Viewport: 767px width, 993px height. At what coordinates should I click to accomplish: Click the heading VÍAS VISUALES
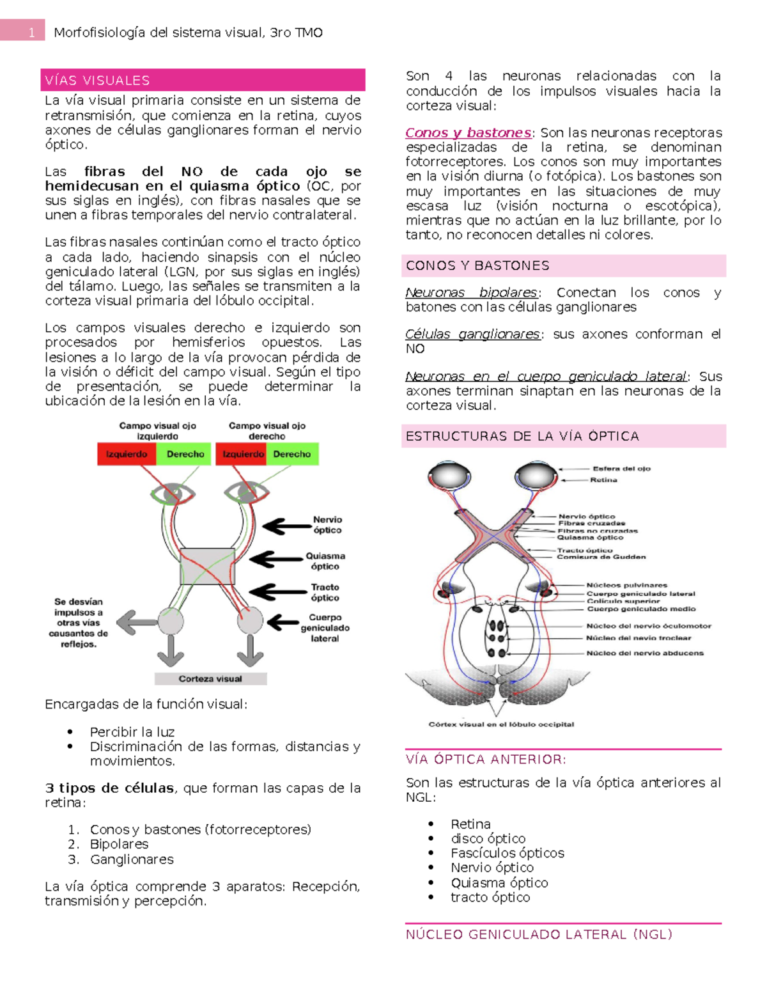click(x=97, y=81)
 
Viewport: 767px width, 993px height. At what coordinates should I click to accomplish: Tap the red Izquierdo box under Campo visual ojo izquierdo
click(x=127, y=454)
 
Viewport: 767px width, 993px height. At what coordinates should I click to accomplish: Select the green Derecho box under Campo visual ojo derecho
click(x=291, y=454)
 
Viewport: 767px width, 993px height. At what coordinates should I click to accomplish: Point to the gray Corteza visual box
click(x=210, y=678)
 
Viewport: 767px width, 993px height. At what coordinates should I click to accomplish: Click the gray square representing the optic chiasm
click(x=207, y=566)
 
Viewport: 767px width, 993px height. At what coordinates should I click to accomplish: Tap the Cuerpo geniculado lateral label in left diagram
click(x=325, y=628)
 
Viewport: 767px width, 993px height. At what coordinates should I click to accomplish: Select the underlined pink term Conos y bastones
click(x=468, y=133)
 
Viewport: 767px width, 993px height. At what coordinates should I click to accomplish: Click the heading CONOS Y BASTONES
click(x=477, y=265)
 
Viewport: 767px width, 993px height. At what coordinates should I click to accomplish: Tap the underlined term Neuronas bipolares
click(x=471, y=293)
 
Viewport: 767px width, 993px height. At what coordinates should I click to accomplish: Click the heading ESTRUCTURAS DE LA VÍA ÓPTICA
click(x=522, y=436)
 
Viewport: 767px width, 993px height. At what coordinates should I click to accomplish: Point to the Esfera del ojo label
click(x=621, y=469)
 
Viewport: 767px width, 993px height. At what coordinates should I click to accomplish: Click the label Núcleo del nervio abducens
click(x=644, y=653)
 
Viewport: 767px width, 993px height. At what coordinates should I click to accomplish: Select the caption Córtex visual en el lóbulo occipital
click(x=501, y=724)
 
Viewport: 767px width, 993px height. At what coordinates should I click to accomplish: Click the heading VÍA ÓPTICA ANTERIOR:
click(x=486, y=760)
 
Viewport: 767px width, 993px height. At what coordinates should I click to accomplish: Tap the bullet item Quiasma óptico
click(x=499, y=882)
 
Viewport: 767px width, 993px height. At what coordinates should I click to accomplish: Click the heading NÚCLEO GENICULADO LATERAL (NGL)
click(x=539, y=934)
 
